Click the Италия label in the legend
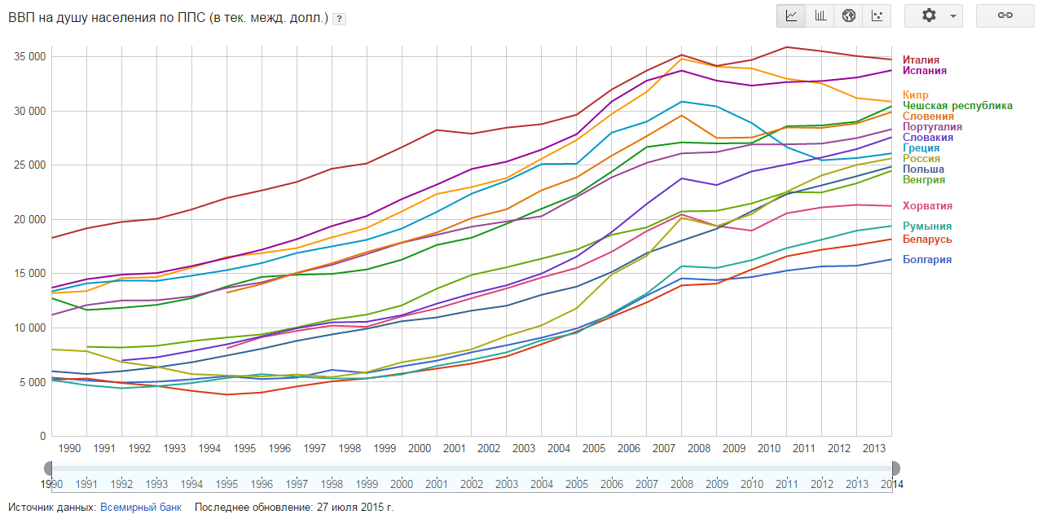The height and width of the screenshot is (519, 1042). pos(921,60)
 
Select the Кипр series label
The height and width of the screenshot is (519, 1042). pos(916,95)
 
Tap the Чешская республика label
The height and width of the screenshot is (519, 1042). pos(957,106)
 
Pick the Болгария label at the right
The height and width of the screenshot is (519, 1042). pos(927,260)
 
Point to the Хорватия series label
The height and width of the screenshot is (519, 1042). pos(927,206)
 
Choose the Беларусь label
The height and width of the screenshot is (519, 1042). pos(927,240)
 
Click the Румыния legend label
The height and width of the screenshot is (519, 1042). pos(927,227)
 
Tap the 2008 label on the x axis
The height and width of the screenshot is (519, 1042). pos(699,449)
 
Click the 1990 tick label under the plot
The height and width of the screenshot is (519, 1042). pos(69,449)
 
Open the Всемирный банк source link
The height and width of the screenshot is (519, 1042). pos(141,508)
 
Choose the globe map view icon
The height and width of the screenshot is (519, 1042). pos(849,15)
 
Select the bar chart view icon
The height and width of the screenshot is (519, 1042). pos(820,15)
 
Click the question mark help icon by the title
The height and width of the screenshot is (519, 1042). pos(339,19)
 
